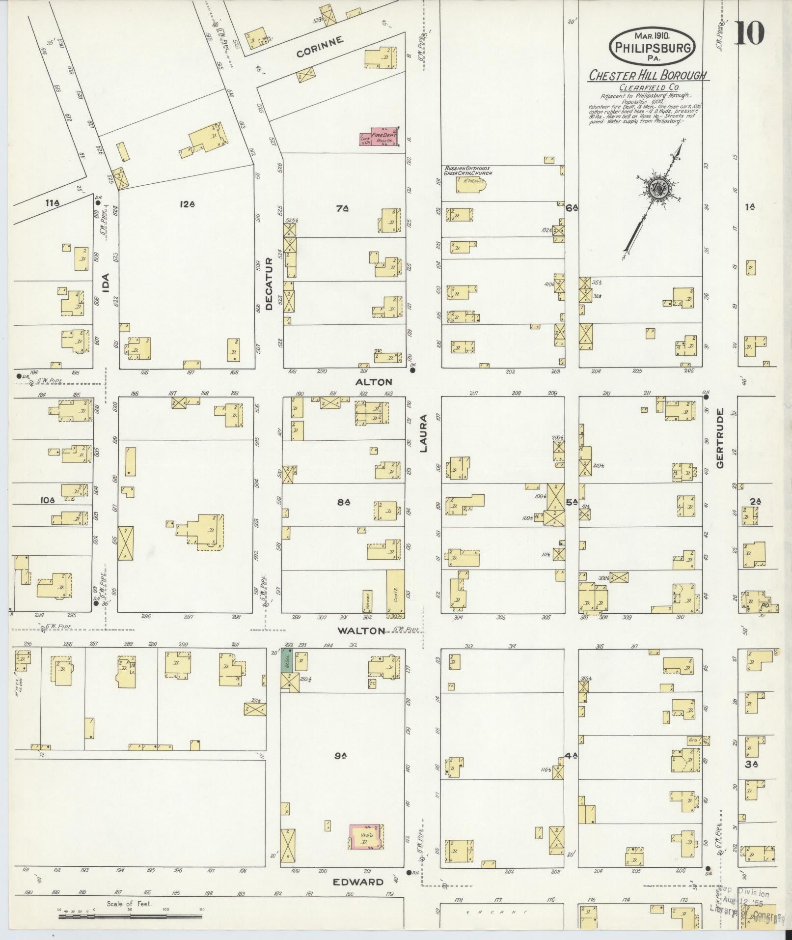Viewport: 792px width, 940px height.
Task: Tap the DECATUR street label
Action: (x=269, y=284)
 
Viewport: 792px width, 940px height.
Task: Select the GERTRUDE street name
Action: (x=720, y=438)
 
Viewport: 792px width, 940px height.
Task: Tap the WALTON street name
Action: (x=361, y=630)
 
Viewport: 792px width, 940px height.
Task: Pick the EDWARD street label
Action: (x=358, y=882)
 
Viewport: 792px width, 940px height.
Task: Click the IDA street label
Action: (x=105, y=284)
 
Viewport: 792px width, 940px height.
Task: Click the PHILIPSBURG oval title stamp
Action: (x=652, y=47)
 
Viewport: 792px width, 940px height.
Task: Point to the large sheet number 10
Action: (x=749, y=33)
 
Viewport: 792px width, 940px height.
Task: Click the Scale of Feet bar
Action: (x=130, y=916)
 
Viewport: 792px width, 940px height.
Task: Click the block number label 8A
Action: (x=343, y=502)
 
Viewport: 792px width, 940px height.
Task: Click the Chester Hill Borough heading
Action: (x=648, y=76)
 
